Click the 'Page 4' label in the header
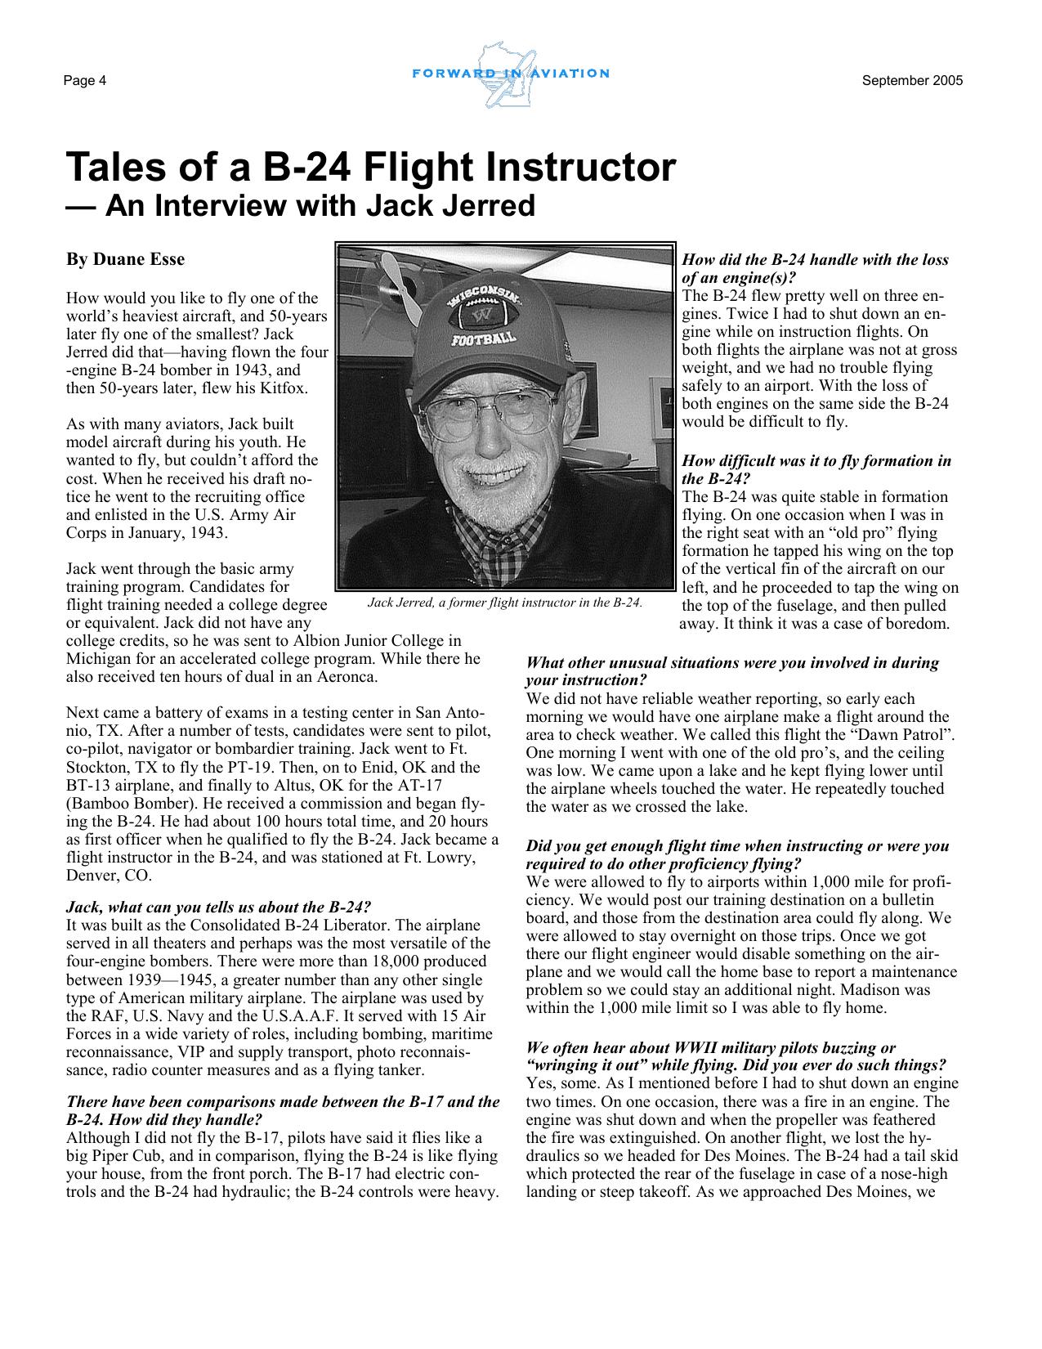(86, 81)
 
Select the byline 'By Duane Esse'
(125, 260)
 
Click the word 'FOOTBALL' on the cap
(485, 338)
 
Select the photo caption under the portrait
(505, 603)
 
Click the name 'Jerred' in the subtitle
(489, 205)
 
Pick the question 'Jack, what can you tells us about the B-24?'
(219, 907)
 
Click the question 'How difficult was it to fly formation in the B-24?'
(816, 469)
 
